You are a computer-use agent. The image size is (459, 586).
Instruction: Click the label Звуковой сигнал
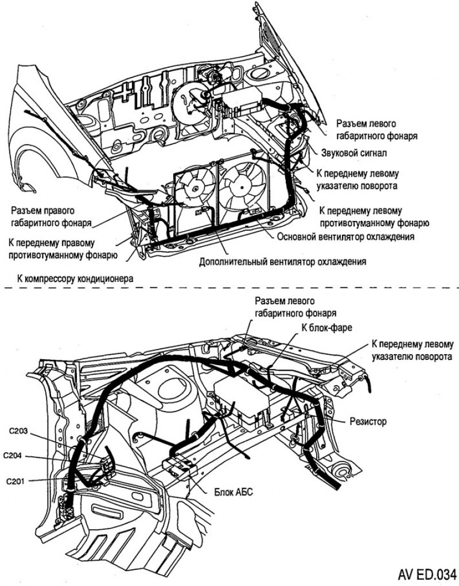pos(353,153)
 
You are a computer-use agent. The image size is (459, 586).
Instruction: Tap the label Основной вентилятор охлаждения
pos(345,236)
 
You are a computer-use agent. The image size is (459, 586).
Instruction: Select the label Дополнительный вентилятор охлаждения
pos(282,262)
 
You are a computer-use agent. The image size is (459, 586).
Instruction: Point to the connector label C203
pos(19,430)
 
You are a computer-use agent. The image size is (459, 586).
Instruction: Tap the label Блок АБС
pos(234,492)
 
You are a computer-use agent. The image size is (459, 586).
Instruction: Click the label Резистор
pos(368,421)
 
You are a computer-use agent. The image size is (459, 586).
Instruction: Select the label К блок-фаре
pos(325,328)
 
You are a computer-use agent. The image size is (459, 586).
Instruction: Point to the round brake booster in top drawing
pos(190,103)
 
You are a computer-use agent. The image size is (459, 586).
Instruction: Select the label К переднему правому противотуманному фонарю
pos(63,249)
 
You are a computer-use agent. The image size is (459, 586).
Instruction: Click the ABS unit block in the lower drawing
pos(182,466)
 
